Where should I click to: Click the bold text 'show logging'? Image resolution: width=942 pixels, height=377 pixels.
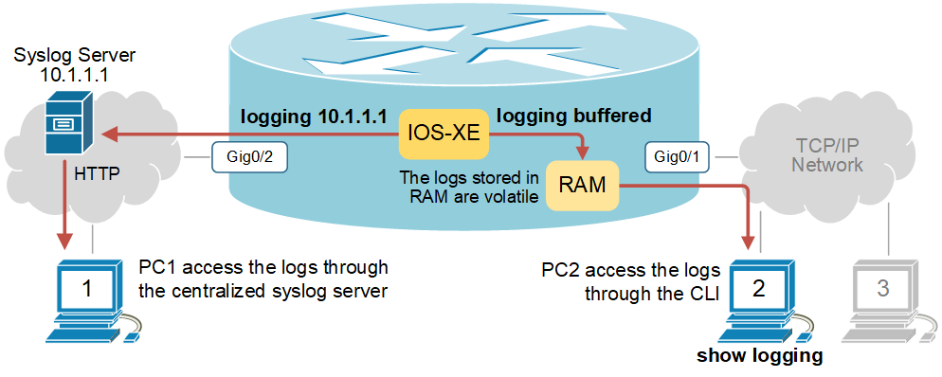coord(759,356)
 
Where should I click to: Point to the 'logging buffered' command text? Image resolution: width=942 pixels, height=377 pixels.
coord(574,117)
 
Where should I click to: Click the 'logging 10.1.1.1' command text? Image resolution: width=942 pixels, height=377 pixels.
coord(314,117)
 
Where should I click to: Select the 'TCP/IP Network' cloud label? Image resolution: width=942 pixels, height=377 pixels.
coord(827,156)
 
